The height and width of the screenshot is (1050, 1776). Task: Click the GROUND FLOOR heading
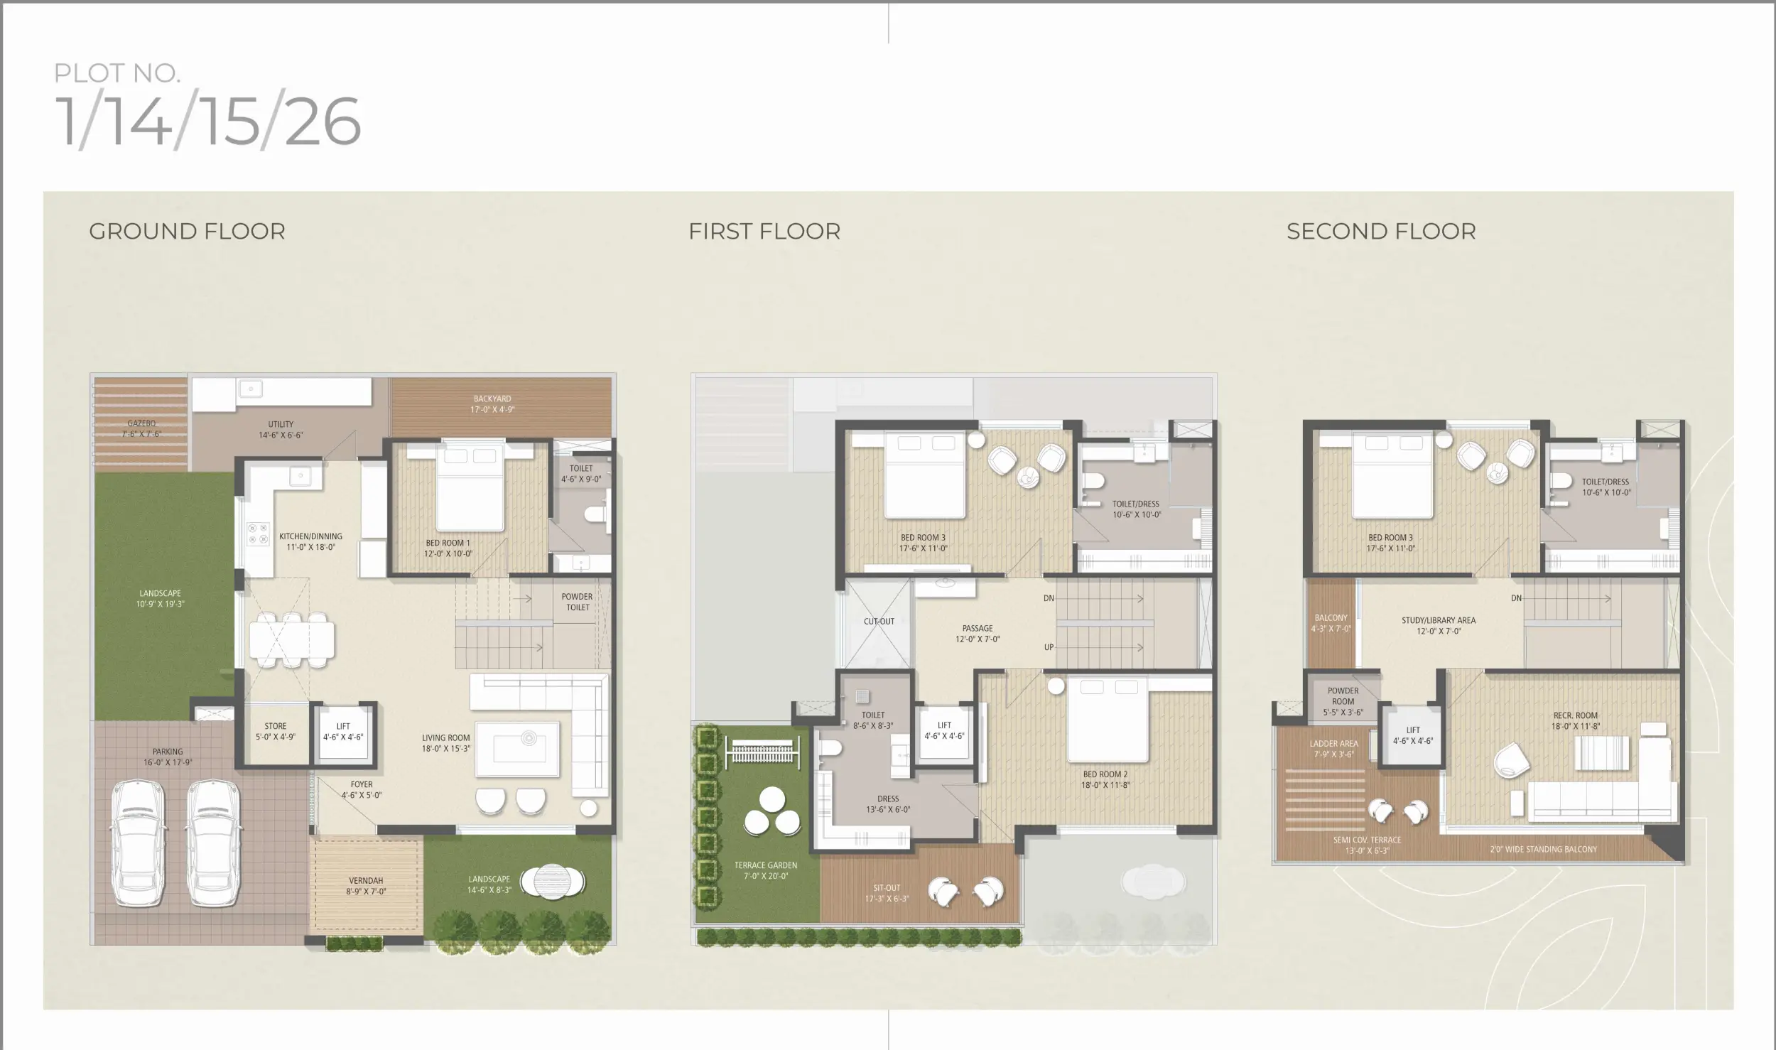pos(187,232)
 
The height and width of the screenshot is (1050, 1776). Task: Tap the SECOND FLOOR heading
pos(1381,232)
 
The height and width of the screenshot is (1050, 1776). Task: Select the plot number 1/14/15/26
pos(208,121)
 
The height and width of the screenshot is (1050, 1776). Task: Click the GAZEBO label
pos(141,423)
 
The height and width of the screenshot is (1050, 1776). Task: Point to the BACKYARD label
pos(492,399)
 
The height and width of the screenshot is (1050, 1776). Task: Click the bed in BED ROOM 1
pos(470,487)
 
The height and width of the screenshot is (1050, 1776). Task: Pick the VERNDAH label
pos(366,881)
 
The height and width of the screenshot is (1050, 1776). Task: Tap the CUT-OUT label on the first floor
pos(879,622)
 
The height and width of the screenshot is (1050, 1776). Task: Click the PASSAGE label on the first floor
pos(978,628)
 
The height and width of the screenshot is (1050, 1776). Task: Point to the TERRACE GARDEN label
pos(766,865)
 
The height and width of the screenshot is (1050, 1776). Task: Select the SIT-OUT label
pos(887,888)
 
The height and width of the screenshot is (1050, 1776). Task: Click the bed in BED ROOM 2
pos(1108,718)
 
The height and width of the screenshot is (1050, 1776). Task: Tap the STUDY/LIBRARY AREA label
pos(1439,620)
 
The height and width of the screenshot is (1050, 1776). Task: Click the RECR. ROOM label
pos(1575,715)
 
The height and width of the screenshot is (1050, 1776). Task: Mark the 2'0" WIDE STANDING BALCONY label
pos(1544,849)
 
